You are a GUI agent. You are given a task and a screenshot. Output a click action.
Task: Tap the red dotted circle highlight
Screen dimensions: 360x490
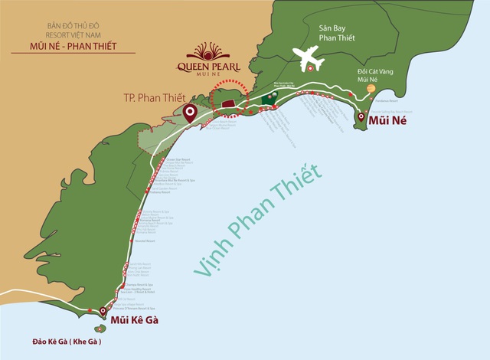pos(230,97)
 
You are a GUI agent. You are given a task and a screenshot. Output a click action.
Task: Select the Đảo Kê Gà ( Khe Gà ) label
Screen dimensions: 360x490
pos(67,342)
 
